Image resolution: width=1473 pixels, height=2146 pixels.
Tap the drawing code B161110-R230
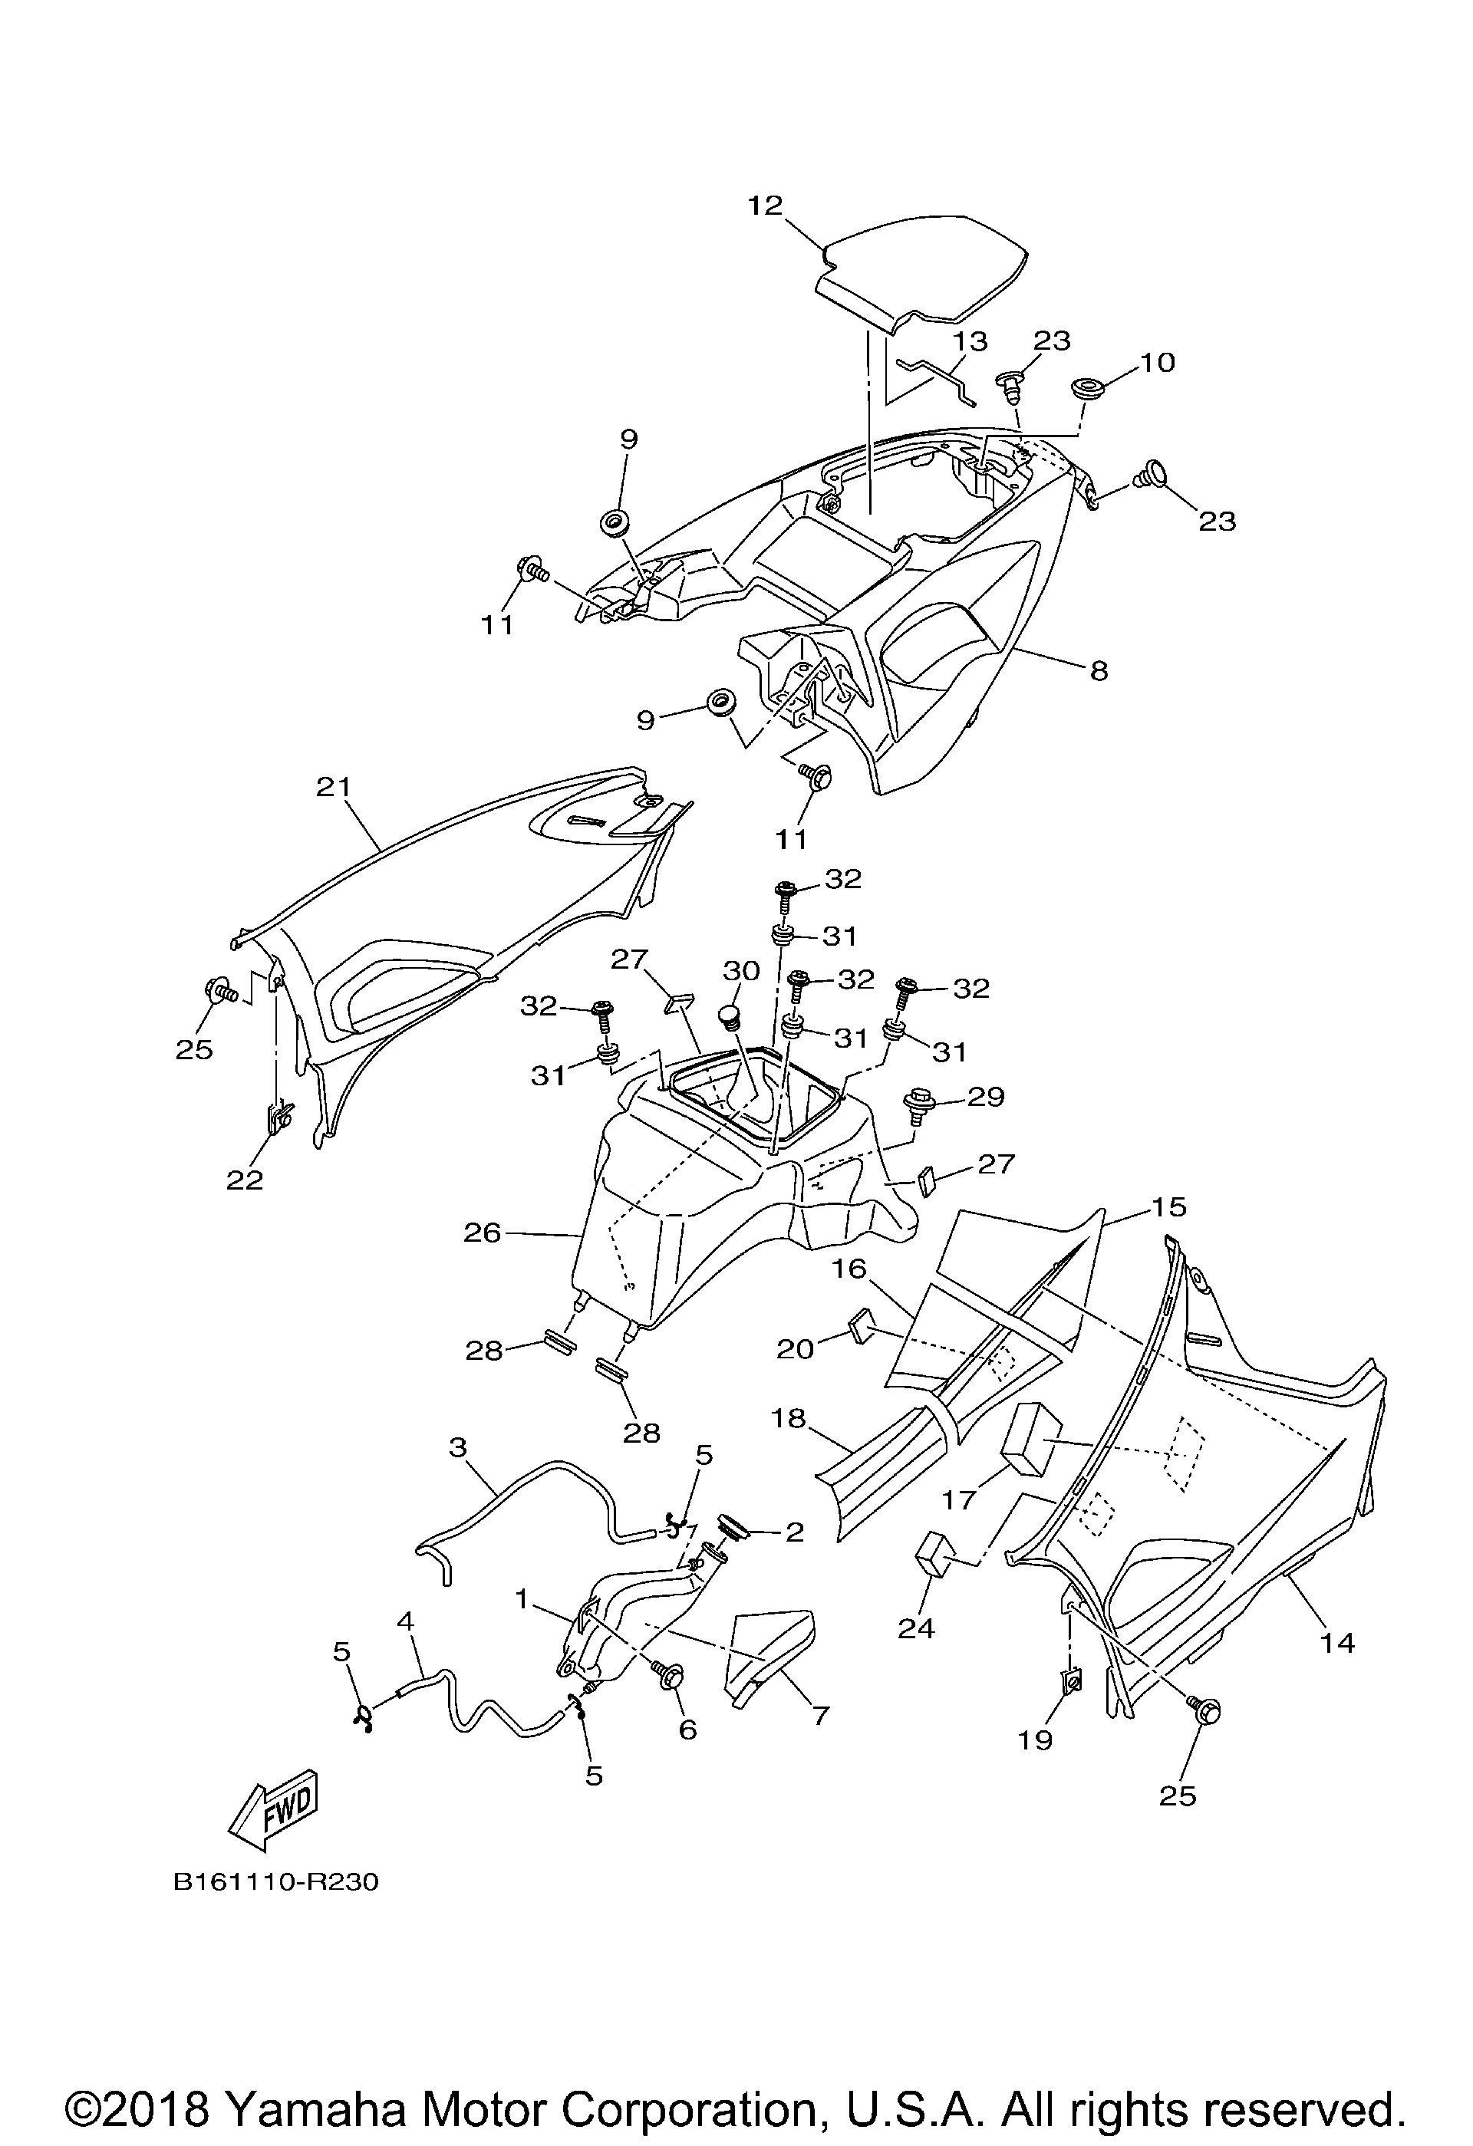coord(276,1882)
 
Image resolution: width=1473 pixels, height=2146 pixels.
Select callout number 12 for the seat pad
coord(766,205)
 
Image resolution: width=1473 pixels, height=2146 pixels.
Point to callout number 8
coord(1098,670)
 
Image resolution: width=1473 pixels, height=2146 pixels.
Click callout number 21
coord(334,787)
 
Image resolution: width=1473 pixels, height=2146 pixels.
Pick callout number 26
coord(482,1233)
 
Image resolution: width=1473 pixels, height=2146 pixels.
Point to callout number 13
coord(970,341)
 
